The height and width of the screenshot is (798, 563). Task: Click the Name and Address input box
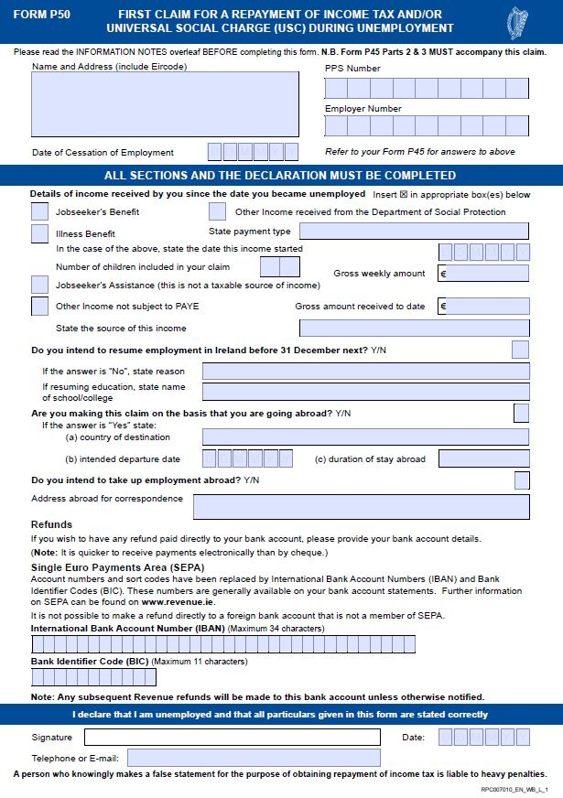click(x=165, y=103)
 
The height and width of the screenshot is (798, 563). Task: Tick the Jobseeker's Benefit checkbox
click(x=39, y=211)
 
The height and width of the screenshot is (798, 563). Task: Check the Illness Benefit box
click(x=39, y=233)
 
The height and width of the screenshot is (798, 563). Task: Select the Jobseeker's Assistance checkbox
click(x=39, y=285)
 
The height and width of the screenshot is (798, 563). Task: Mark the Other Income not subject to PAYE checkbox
click(x=39, y=306)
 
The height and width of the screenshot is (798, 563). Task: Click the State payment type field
click(x=414, y=232)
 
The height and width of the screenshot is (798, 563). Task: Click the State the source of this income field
click(x=414, y=328)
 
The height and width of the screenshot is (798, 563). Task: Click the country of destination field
click(x=365, y=437)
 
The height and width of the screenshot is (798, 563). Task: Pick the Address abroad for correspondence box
click(x=361, y=506)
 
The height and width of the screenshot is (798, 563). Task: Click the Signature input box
click(x=232, y=737)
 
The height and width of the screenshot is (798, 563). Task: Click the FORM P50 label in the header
click(x=42, y=15)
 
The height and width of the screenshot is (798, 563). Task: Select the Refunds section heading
click(x=51, y=524)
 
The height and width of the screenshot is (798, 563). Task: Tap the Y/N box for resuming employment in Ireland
click(x=520, y=349)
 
